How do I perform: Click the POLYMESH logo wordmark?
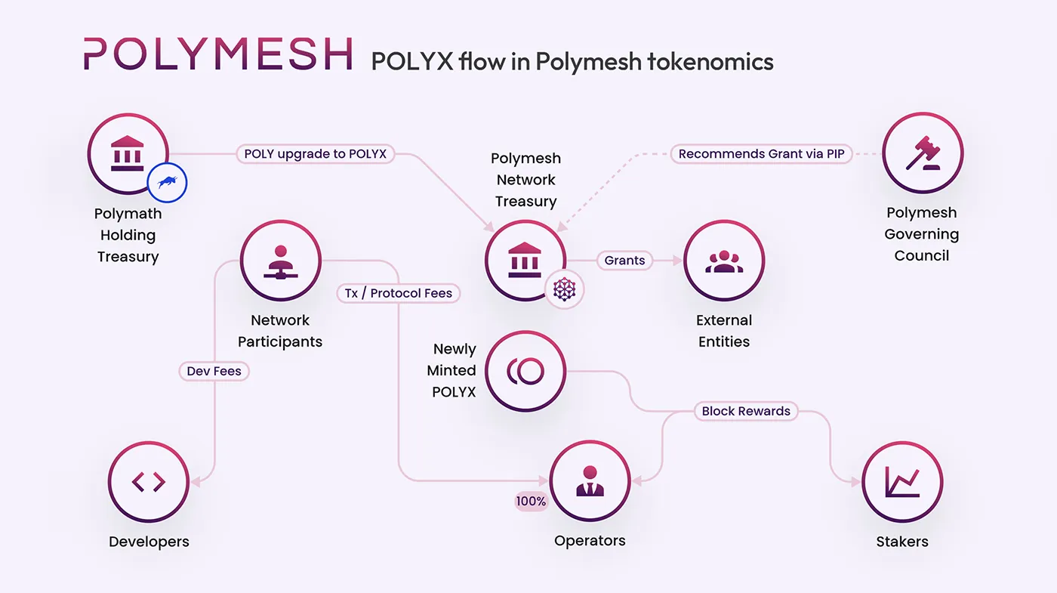[x=217, y=54]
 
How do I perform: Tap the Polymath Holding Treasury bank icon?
[x=128, y=154]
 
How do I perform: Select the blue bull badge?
[x=167, y=182]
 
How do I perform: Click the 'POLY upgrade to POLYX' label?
[x=315, y=154]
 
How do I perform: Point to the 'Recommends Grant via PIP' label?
[x=761, y=154]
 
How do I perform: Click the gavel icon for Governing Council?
[x=923, y=153]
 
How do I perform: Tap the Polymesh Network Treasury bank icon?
[x=525, y=261]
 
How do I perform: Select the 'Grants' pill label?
[x=624, y=261]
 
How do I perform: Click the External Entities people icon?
[x=724, y=261]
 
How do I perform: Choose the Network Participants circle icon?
[x=281, y=261]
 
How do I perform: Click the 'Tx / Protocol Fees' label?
[x=399, y=293]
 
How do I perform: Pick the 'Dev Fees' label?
[x=214, y=371]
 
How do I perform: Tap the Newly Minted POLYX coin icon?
[x=525, y=371]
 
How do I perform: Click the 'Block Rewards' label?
[x=746, y=411]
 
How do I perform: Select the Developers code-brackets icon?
[x=149, y=482]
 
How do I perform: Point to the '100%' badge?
[x=531, y=501]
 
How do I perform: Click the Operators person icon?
[x=590, y=482]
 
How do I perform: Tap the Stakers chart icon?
[x=902, y=482]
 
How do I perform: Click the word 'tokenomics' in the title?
[x=710, y=60]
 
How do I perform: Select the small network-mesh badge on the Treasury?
[x=565, y=289]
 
